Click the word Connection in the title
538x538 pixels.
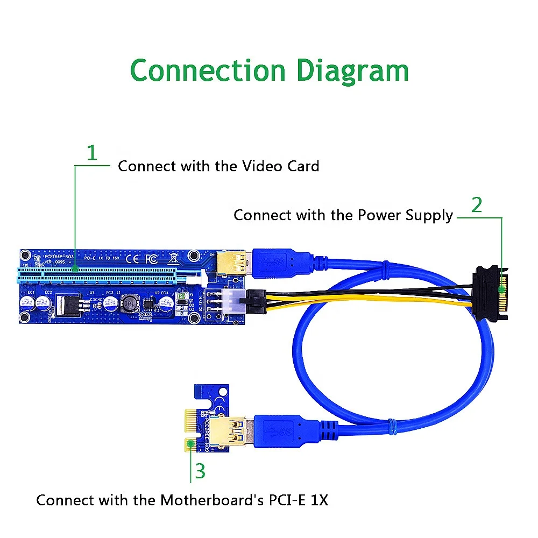207,70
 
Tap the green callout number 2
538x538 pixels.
477,205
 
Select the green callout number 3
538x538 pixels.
200,471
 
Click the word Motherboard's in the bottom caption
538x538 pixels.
211,500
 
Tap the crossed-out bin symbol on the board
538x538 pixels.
172,258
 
